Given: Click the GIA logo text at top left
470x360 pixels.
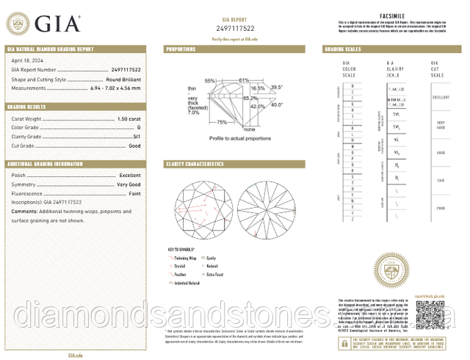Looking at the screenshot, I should (x=54, y=23).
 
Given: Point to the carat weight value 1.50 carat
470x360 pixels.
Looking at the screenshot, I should (x=129, y=118).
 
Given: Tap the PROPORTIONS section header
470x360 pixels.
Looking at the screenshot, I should (x=181, y=49).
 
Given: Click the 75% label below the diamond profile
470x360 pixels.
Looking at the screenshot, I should (x=222, y=122).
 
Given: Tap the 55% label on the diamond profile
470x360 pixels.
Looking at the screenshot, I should (x=210, y=80).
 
